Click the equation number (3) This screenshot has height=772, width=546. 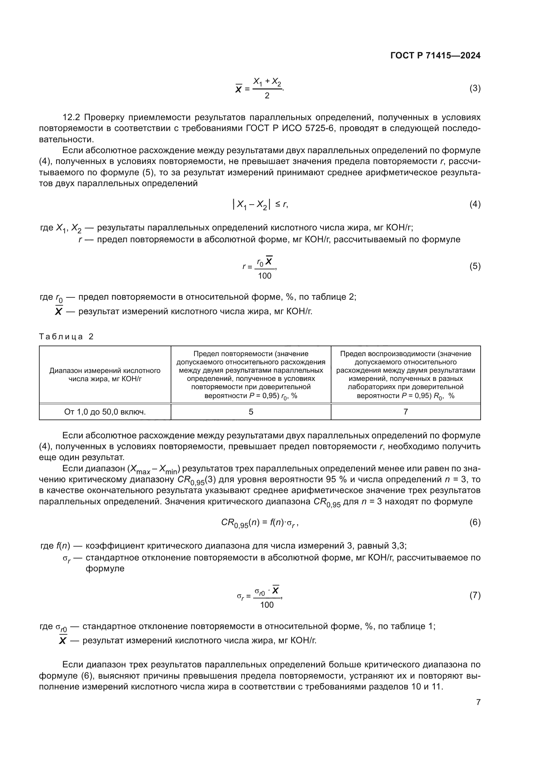click(x=475, y=88)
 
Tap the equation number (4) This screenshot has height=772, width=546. click(x=475, y=204)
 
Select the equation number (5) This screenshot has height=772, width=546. click(x=475, y=266)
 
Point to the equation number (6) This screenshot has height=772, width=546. click(x=475, y=522)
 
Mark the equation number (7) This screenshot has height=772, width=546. click(x=475, y=595)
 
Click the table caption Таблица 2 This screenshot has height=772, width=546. click(x=66, y=337)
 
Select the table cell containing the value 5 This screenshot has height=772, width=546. click(x=251, y=412)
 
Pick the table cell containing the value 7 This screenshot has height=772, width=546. click(x=405, y=412)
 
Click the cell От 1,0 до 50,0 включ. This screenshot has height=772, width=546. click(x=105, y=412)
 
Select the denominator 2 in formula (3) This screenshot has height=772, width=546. click(x=267, y=96)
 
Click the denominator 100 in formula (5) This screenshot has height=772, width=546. click(x=265, y=276)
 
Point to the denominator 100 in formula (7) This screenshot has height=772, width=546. click(x=267, y=605)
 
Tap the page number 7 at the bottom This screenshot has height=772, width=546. click(x=478, y=702)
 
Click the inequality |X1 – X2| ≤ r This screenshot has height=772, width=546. click(x=260, y=204)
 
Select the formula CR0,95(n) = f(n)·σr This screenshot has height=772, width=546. click(x=259, y=522)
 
